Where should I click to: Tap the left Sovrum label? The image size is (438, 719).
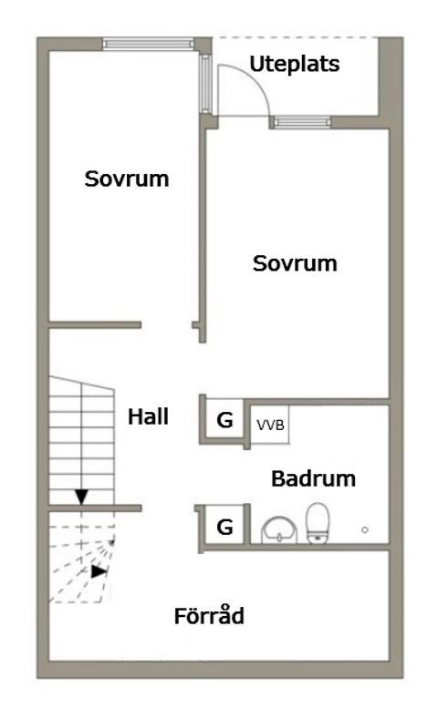pos(127,179)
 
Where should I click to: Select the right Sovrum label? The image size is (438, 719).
pos(295,263)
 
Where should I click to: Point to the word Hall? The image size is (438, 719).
pos(148,417)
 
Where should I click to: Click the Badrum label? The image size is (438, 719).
pos(313,478)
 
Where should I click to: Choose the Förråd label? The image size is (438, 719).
pos(209,616)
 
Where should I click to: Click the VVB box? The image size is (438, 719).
pos(269,424)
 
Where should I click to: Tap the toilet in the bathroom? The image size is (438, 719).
pos(318,523)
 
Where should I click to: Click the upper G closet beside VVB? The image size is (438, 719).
pos(224,421)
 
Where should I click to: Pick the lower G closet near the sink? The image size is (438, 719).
pos(224,526)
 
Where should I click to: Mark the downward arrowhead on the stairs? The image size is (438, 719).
pos(82,497)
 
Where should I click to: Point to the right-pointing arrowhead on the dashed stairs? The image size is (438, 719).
pos(98,572)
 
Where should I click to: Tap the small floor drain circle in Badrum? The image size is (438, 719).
pos(364,529)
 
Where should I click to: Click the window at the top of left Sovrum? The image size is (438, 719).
pos(148,43)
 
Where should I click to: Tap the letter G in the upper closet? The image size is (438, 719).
pos(224,421)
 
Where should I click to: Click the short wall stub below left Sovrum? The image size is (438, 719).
pos(95,324)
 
